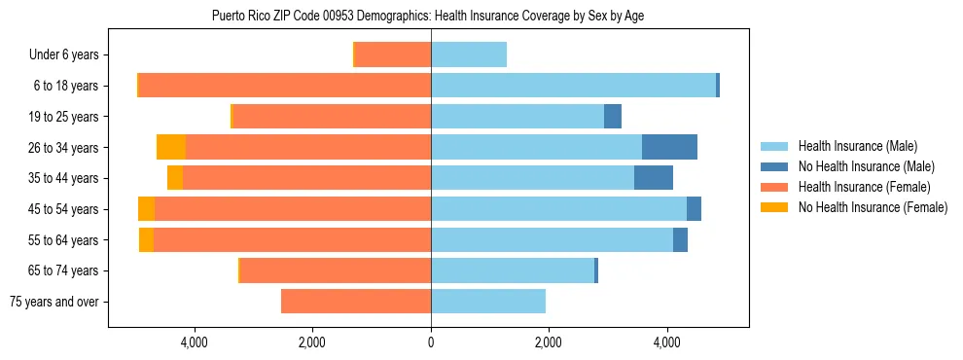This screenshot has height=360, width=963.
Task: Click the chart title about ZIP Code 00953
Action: point(427,16)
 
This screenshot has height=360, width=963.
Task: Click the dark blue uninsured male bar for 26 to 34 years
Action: point(669,147)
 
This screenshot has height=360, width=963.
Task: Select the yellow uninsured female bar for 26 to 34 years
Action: point(170,147)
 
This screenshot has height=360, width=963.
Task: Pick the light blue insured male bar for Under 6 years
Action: point(469,54)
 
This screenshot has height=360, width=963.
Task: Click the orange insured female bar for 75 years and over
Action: point(356,302)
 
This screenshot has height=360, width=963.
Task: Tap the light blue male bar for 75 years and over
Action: point(488,302)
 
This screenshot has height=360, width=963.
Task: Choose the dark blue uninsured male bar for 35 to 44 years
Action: point(654,178)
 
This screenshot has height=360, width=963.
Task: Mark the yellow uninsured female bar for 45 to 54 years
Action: point(146,209)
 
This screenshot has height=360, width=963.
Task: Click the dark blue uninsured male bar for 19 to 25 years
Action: point(613,117)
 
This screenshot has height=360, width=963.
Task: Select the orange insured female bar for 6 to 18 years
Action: point(284,86)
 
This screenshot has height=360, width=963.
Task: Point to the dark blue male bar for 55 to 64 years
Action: point(680,239)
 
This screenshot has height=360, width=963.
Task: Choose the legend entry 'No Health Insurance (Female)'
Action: point(873,207)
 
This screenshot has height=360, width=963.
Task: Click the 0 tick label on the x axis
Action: point(431,342)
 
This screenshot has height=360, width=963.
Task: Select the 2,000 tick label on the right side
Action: point(548,342)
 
